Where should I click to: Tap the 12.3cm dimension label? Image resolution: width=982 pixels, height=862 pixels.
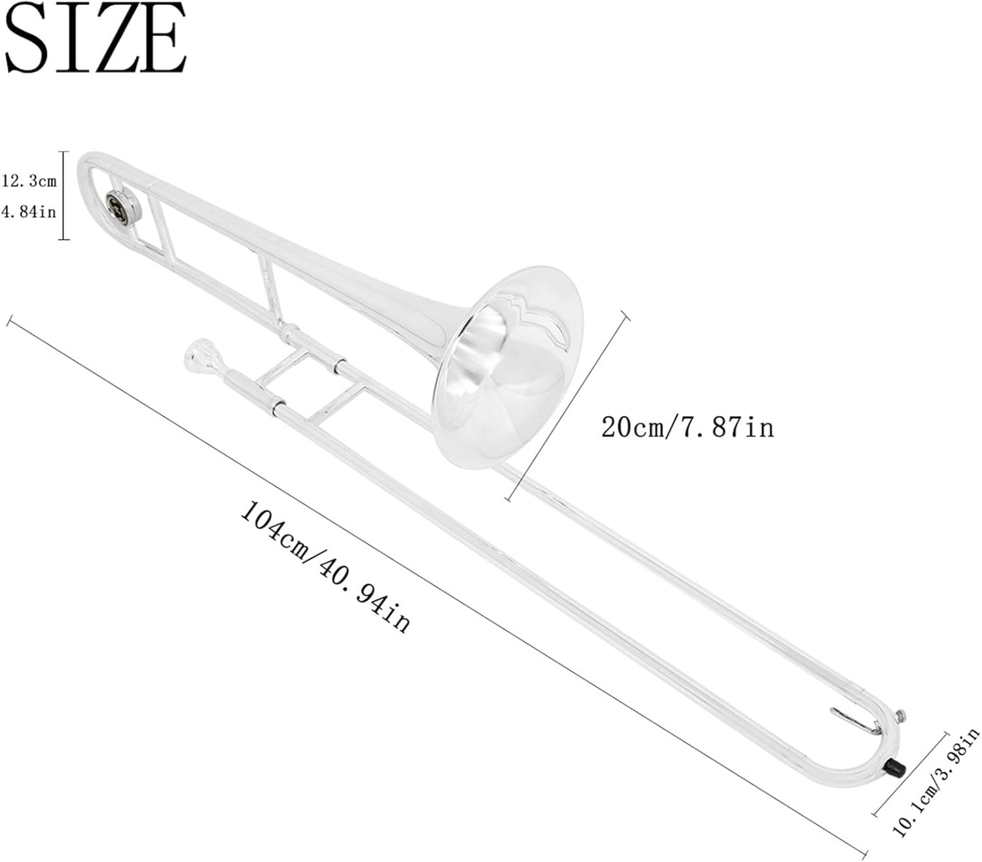tap(29, 181)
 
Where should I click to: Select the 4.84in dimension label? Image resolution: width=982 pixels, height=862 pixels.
tap(29, 212)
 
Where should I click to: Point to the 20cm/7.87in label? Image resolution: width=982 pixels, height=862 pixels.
tap(687, 427)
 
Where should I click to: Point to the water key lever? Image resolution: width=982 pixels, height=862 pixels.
tap(854, 721)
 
